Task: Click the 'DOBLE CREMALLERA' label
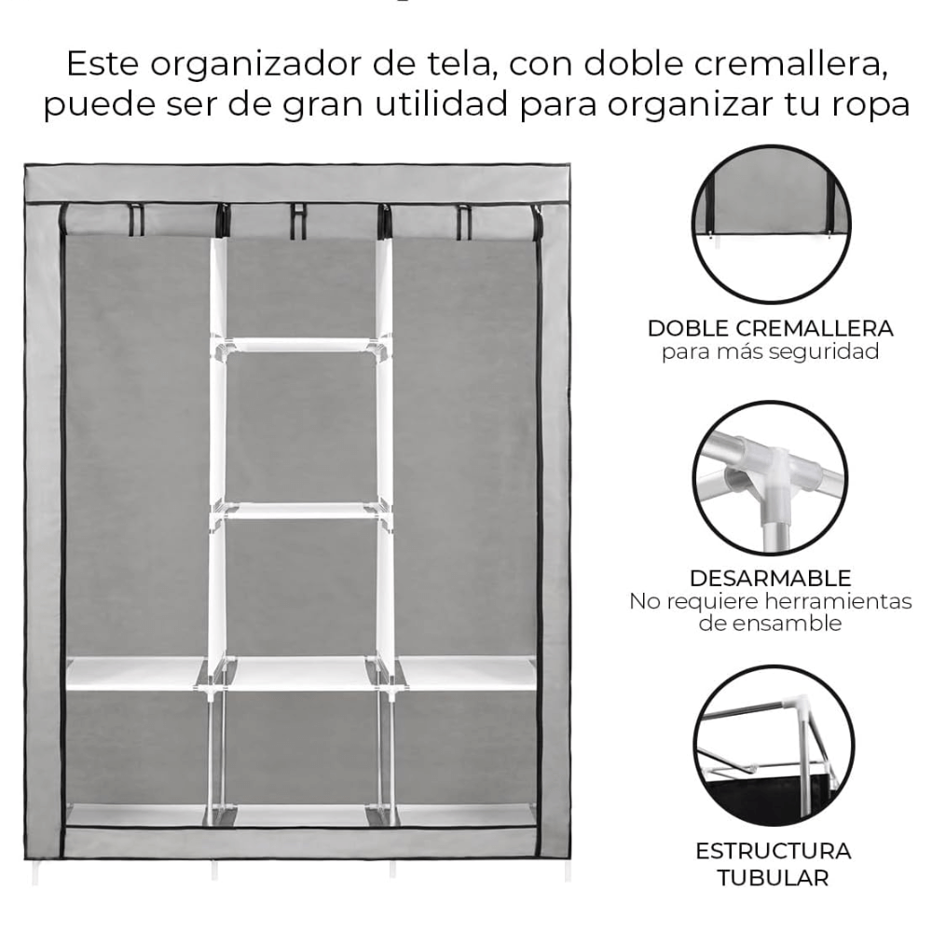(770, 329)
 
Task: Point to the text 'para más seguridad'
(770, 351)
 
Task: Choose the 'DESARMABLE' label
(770, 578)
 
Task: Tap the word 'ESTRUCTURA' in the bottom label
(773, 852)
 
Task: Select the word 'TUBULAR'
(773, 877)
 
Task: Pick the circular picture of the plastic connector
(771, 478)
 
